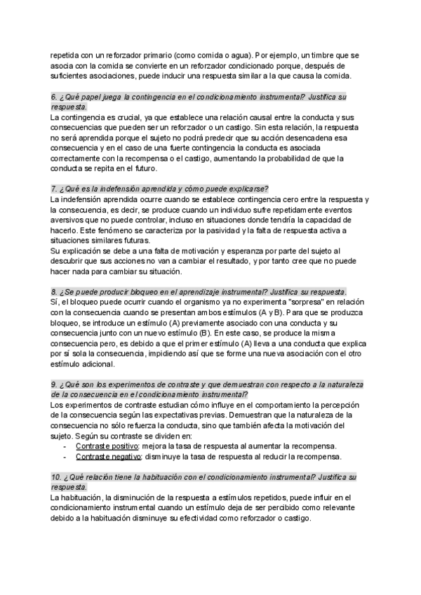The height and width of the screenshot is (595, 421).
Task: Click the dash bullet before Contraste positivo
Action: (65, 447)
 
